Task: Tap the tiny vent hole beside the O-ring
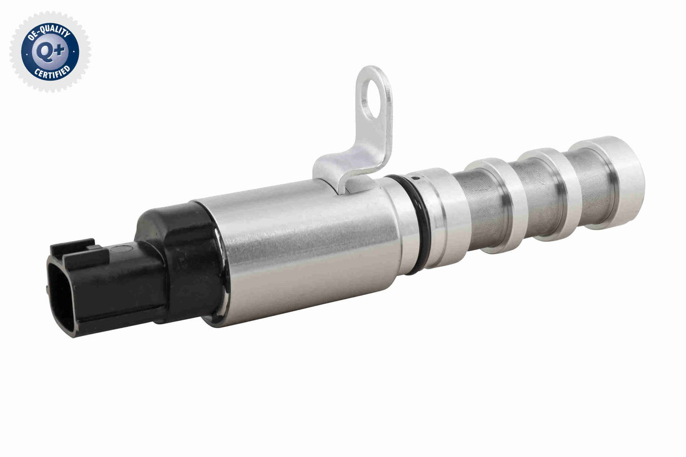click(x=415, y=179)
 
